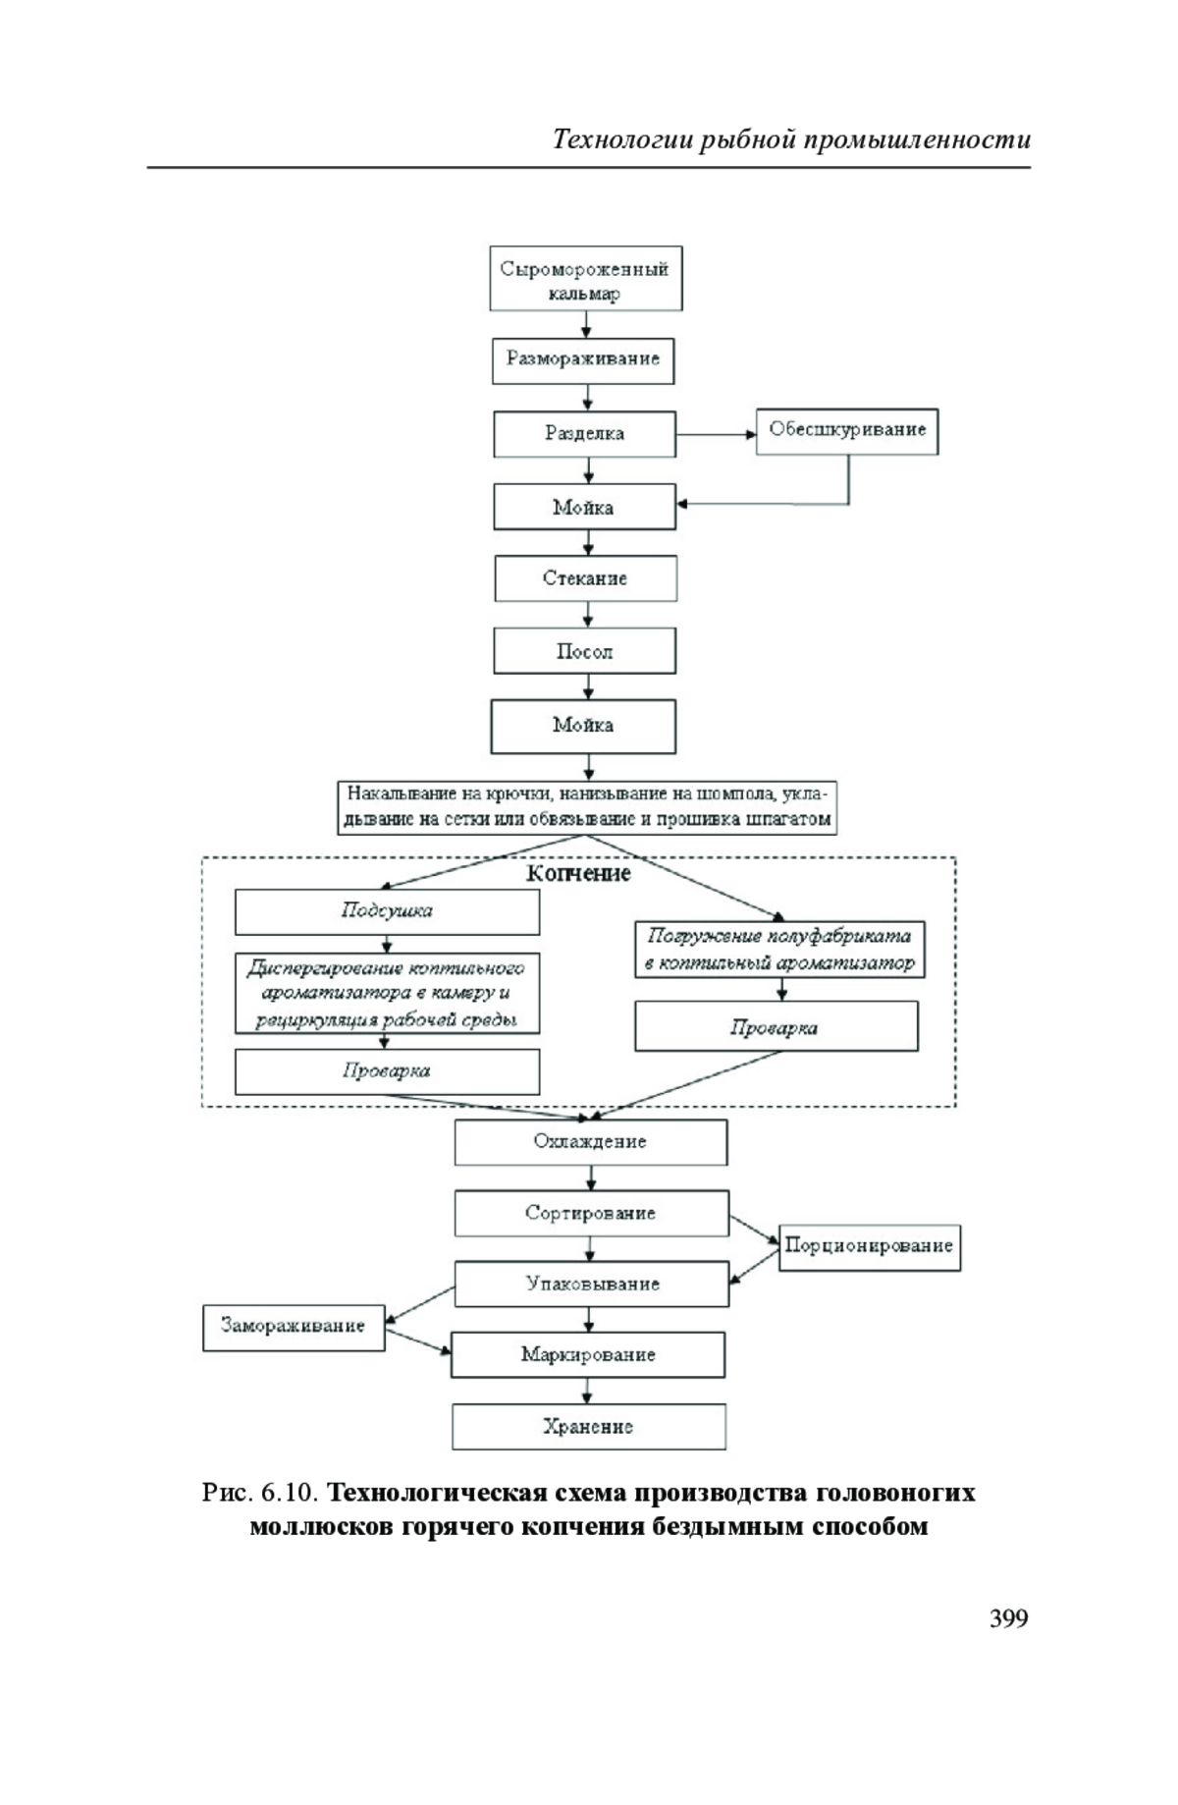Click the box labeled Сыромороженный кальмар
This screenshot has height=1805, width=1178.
click(586, 279)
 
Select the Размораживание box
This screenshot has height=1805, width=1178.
click(583, 359)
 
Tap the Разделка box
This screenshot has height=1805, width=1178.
click(585, 434)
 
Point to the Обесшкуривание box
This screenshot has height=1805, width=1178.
click(847, 431)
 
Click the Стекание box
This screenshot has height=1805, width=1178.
click(586, 578)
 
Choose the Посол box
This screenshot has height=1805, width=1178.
click(585, 651)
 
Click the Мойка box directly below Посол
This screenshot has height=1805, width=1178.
click(583, 726)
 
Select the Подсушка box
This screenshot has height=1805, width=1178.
click(387, 912)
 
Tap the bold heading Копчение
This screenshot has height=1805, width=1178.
click(578, 873)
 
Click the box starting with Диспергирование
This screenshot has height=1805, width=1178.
click(387, 993)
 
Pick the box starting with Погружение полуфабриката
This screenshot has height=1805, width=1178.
click(779, 950)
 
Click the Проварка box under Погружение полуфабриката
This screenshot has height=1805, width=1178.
click(776, 1026)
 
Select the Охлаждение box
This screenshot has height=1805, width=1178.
click(590, 1142)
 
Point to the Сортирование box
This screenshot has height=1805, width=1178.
click(591, 1213)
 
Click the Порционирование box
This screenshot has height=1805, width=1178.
click(870, 1247)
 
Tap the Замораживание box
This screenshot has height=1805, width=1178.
click(294, 1327)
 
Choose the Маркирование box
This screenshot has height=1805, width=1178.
click(588, 1355)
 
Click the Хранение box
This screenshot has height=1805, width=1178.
click(589, 1427)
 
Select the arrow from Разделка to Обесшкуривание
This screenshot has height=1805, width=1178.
click(717, 433)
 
